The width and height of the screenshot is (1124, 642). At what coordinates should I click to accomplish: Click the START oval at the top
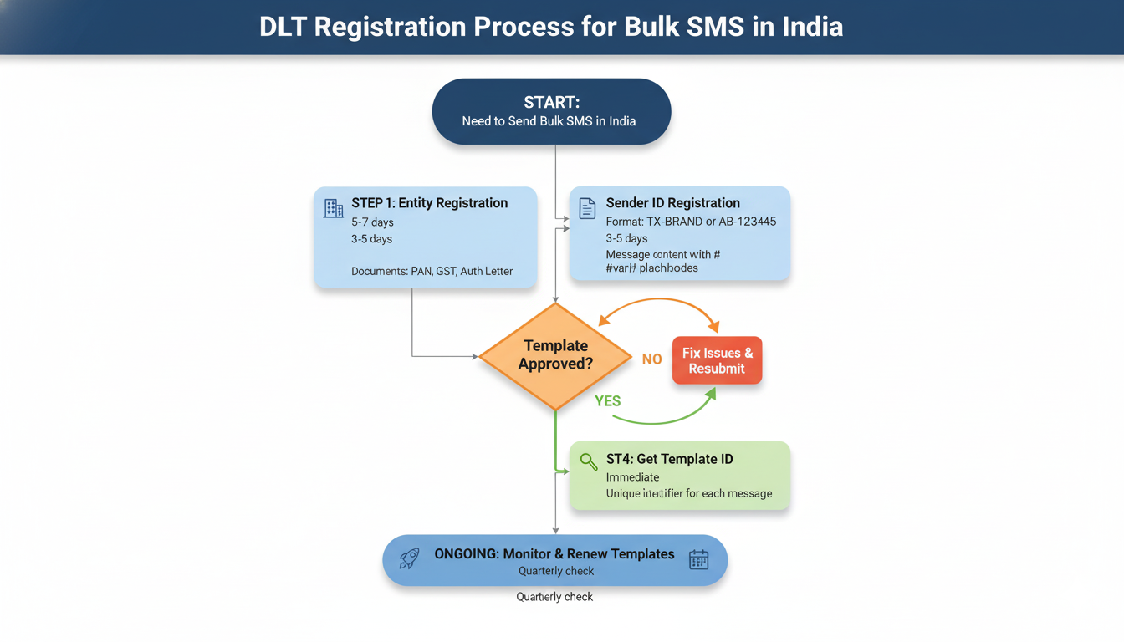(551, 111)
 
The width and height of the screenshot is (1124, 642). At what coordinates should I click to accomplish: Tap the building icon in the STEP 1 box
(333, 208)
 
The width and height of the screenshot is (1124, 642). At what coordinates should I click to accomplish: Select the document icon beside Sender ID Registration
(588, 207)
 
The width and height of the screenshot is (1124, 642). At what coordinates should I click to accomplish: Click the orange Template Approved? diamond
(555, 356)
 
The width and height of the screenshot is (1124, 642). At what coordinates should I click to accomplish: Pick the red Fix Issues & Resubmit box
(717, 360)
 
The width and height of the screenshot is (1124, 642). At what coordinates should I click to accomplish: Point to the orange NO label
(652, 359)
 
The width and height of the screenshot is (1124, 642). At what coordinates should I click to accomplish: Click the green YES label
(607, 401)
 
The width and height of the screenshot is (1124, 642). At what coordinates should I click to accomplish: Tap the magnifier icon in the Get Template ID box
(589, 461)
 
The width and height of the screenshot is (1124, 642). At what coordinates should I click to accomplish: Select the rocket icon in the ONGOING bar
(409, 559)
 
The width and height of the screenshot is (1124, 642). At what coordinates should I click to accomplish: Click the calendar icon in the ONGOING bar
(698, 560)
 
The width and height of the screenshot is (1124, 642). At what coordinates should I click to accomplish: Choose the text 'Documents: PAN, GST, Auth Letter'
(432, 271)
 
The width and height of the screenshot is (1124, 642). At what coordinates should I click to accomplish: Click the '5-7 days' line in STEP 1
(372, 222)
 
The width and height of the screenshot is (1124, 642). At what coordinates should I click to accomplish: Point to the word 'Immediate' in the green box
(632, 477)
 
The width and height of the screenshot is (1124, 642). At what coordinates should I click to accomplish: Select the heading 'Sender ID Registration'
(672, 203)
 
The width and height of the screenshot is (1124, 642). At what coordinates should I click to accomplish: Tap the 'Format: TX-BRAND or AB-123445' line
(691, 222)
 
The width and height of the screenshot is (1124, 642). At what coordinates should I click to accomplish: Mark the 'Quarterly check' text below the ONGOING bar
(554, 597)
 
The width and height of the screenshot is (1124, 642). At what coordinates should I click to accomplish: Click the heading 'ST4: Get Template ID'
(669, 459)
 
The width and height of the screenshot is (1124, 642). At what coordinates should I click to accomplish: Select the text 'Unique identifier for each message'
(689, 493)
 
